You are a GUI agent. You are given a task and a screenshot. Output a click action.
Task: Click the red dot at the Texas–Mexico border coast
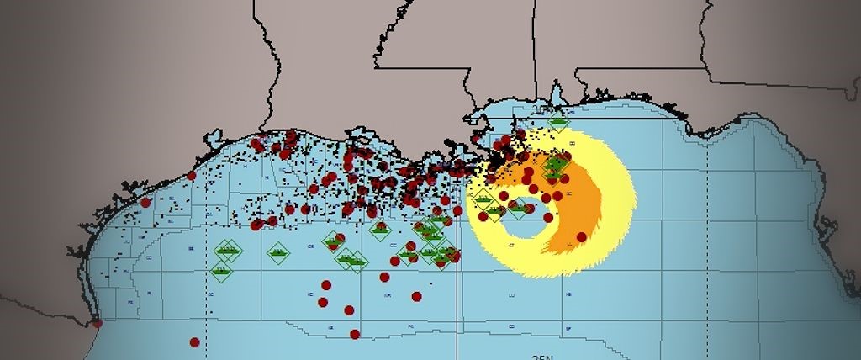(x=97, y=322)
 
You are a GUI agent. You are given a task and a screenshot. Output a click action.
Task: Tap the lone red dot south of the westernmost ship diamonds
(x=194, y=341)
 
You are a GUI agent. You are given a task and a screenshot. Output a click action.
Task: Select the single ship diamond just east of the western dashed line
(x=278, y=251)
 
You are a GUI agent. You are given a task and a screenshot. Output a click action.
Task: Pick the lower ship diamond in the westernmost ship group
(x=221, y=270)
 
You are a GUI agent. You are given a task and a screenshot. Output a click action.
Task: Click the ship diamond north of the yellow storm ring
(x=557, y=124)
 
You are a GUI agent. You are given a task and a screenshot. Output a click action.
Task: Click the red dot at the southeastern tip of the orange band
(x=581, y=236)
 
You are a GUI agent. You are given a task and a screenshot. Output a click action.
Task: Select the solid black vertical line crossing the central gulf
(x=457, y=278)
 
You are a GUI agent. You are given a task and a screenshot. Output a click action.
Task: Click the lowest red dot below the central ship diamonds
(x=355, y=334)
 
